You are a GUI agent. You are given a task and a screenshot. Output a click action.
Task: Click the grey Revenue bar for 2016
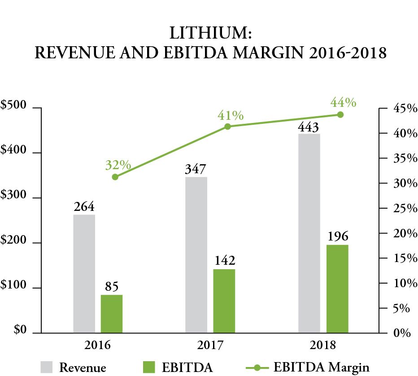84,274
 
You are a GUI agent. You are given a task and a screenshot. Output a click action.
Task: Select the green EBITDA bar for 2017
224,301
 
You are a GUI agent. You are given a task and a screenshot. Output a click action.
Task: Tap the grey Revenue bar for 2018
309,233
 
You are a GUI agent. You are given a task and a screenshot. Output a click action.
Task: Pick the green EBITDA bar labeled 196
337,289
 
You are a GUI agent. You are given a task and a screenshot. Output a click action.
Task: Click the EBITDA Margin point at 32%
115,177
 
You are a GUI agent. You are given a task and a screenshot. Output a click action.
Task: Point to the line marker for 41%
227,127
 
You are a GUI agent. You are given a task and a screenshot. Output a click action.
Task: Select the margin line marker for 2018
340,115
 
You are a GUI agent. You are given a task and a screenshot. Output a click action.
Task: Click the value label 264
84,207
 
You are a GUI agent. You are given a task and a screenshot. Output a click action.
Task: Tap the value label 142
224,261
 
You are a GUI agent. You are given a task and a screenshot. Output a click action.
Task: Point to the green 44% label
343,103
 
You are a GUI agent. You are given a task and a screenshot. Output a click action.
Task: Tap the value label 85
112,287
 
